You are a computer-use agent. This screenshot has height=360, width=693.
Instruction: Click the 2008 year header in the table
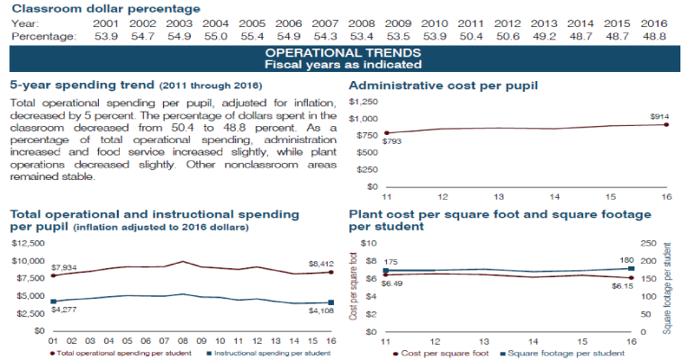(364, 22)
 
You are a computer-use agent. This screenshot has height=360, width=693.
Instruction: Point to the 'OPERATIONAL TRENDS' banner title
(346, 54)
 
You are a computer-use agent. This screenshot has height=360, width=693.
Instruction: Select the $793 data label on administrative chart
(394, 141)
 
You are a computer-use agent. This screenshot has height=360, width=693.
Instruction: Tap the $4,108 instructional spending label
(319, 311)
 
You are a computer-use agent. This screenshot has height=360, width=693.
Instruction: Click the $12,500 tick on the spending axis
(27, 243)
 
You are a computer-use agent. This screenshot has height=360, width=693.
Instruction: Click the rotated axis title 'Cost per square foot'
(355, 286)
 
